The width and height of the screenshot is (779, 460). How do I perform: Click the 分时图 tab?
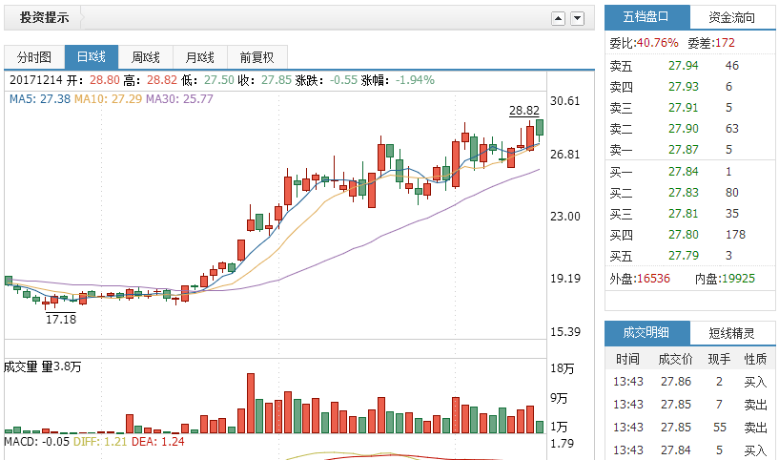[33, 57]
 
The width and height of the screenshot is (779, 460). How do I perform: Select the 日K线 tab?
[91, 57]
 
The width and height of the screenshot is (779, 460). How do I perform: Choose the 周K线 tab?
[145, 57]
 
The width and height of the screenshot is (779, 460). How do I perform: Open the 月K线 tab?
[200, 57]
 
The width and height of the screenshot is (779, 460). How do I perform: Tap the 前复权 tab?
[256, 57]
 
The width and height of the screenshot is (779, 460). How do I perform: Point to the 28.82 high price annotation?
[523, 111]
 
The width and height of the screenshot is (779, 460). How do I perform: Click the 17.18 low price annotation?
[60, 319]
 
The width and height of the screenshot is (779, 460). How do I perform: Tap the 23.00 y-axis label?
[565, 217]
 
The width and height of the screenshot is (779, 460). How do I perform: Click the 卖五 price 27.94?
[683, 66]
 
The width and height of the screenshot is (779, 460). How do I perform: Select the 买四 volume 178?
[734, 235]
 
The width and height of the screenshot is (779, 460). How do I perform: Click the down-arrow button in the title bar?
[578, 18]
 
